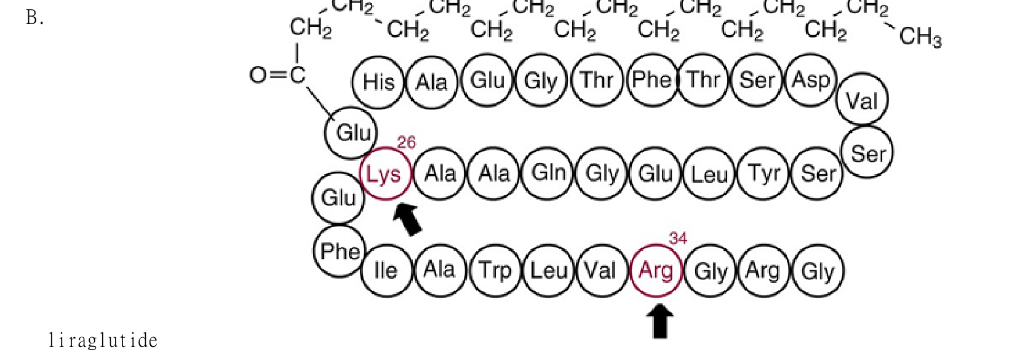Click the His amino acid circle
tap(378, 82)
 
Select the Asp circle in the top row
tap(811, 80)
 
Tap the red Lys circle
tap(386, 174)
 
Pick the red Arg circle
tap(656, 270)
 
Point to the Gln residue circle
tap(548, 173)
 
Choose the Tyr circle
tap(763, 173)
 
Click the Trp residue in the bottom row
tap(496, 270)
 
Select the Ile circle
tap(386, 270)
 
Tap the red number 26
tap(407, 142)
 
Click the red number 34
tap(678, 238)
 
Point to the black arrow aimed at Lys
tap(407, 220)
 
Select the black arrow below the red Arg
tap(660, 321)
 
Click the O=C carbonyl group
tap(277, 75)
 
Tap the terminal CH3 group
tap(920, 36)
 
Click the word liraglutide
tap(103, 341)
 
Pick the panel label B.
tap(35, 18)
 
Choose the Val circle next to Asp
tap(862, 99)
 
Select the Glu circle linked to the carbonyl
tap(351, 133)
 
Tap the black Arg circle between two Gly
tap(763, 270)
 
